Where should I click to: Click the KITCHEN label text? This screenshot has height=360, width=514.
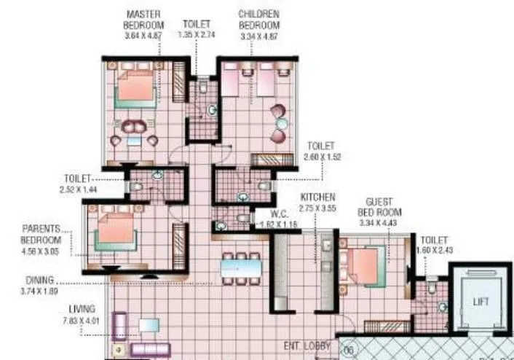318,197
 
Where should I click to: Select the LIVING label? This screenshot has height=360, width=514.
82,309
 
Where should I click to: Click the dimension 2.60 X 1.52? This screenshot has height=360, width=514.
324,156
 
